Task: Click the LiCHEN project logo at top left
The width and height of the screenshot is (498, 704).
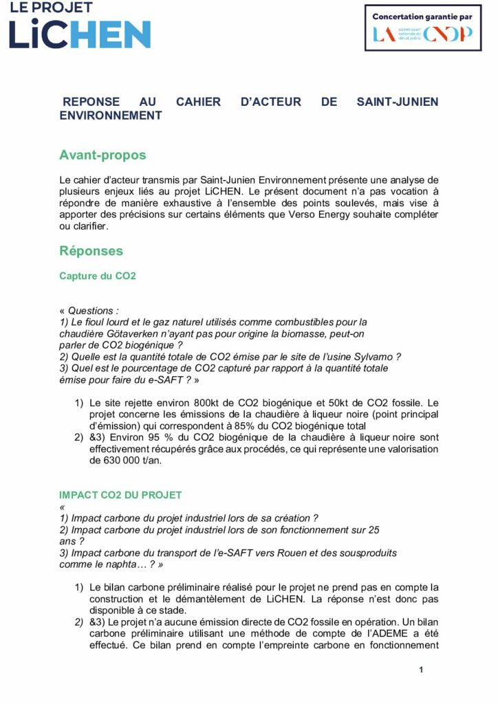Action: pos(79,26)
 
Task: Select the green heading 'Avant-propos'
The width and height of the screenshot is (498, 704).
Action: pos(102,155)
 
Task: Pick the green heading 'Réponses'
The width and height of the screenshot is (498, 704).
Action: pos(91,251)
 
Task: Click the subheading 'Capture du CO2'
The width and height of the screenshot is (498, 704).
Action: pos(98,276)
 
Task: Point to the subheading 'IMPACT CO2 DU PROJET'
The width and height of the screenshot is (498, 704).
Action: pos(120,495)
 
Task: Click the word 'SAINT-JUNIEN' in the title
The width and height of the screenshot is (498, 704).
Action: pos(397,102)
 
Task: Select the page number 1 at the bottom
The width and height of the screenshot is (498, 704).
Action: pos(421,670)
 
